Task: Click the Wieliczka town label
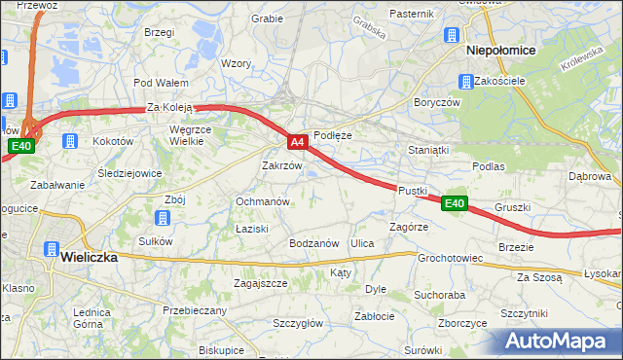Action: [89, 258]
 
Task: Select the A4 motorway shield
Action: [299, 142]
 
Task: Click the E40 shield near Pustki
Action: [455, 203]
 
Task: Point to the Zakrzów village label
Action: [283, 165]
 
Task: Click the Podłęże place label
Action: [332, 136]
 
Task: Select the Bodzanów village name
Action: [313, 242]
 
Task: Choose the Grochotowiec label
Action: [451, 259]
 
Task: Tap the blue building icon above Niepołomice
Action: [453, 36]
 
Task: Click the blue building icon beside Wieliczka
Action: [47, 248]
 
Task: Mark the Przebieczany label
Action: [195, 310]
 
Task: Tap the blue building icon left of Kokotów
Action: [70, 141]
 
